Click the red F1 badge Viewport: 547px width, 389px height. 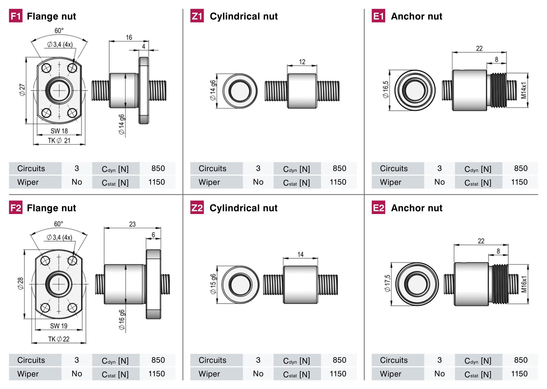click(x=16, y=16)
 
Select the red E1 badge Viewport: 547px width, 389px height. click(x=378, y=16)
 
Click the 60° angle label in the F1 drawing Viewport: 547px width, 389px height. click(x=59, y=31)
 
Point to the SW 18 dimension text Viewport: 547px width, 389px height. click(x=59, y=131)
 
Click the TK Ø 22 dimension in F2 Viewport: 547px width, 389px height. click(x=59, y=339)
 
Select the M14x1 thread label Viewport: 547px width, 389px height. click(x=523, y=90)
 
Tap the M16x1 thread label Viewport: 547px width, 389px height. click(x=524, y=284)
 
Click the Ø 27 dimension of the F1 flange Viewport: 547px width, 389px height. click(x=22, y=90)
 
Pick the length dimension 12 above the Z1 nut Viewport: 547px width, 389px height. click(x=302, y=62)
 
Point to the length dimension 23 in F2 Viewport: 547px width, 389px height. click(x=132, y=224)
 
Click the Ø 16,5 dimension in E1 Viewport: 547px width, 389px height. click(x=385, y=90)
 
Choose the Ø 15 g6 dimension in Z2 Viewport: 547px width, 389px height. click(x=213, y=284)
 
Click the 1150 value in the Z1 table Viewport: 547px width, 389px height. click(x=338, y=182)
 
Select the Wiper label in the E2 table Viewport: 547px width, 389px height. click(x=391, y=374)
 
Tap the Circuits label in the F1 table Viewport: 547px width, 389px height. click(x=31, y=168)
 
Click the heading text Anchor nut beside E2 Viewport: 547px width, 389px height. click(x=417, y=208)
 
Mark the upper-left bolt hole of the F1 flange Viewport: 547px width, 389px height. click(x=46, y=68)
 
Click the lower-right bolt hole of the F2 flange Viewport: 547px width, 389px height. click(x=72, y=308)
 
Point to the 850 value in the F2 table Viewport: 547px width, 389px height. click(x=158, y=360)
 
